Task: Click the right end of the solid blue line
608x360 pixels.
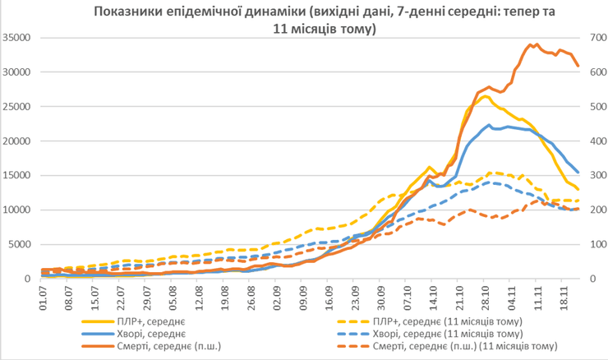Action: pyautogui.click(x=578, y=173)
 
